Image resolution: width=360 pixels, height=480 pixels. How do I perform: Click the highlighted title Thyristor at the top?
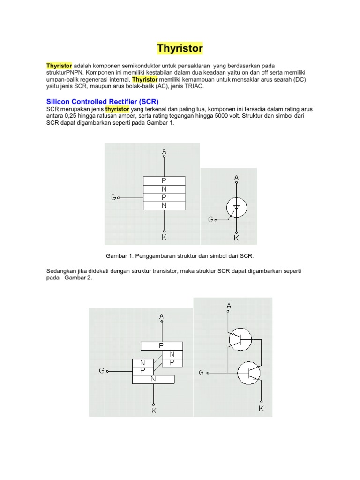click(180, 48)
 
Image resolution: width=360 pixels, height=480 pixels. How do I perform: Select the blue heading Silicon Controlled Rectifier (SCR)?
click(103, 101)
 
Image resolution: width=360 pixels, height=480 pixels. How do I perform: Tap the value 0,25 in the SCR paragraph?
click(70, 116)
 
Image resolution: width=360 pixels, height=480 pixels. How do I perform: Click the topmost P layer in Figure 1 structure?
click(164, 180)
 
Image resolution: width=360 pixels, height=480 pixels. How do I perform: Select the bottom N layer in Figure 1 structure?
click(164, 205)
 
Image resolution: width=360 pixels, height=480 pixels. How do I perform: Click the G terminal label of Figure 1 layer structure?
click(113, 197)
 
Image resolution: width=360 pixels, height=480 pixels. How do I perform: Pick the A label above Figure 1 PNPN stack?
click(164, 151)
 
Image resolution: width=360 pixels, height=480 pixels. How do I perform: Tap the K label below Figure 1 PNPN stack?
click(164, 237)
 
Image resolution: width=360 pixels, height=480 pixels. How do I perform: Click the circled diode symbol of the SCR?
click(236, 207)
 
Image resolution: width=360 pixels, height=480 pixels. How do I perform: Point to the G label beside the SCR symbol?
click(211, 219)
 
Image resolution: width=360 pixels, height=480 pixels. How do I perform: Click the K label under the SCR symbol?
click(236, 238)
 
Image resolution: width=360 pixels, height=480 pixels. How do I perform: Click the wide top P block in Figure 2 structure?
click(161, 345)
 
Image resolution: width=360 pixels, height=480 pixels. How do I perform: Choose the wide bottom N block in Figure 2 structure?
click(153, 379)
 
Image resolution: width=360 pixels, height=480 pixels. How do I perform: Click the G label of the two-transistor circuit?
click(201, 373)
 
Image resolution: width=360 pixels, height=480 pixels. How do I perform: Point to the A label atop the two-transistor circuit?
click(229, 306)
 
